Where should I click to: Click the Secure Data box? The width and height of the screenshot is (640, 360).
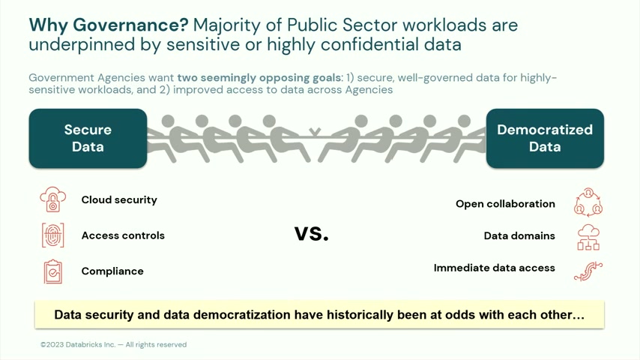[x=88, y=138]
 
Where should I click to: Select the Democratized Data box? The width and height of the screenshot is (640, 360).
[x=545, y=138]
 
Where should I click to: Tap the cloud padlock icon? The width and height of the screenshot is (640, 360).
[x=53, y=199]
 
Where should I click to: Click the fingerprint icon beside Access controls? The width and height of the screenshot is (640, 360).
[x=53, y=235]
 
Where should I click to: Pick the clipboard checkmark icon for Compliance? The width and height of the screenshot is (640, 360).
[x=53, y=271]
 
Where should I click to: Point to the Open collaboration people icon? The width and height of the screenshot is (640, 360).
[x=588, y=202]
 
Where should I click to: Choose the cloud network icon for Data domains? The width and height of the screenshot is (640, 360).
[x=588, y=237]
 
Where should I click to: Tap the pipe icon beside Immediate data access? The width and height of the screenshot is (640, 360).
[x=588, y=271]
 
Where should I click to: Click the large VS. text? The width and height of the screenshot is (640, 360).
[x=312, y=234]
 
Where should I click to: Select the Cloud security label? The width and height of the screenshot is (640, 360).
[x=119, y=199]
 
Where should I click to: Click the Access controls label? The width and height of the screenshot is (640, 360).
[x=123, y=235]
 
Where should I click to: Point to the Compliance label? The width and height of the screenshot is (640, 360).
[x=112, y=271]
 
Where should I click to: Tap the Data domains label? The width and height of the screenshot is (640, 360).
[x=519, y=235]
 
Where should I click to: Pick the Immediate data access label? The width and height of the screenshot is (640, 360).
[x=495, y=268]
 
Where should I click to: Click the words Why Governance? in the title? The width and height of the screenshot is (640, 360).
[x=109, y=25]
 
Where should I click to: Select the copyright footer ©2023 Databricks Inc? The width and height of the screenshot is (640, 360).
[x=113, y=344]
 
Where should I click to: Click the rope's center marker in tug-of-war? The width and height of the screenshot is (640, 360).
[x=314, y=131]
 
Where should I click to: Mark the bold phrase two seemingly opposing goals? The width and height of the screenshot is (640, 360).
[x=259, y=78]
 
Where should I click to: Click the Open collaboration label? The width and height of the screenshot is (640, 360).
[x=505, y=204]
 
